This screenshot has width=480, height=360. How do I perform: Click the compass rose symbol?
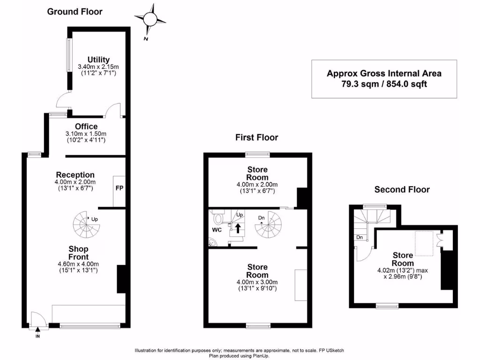pyautogui.click(x=150, y=19)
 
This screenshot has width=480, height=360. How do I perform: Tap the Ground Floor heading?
pyautogui.click(x=75, y=11)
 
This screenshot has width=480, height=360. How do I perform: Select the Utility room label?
pyautogui.click(x=98, y=60)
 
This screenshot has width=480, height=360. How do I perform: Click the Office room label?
pyautogui.click(x=86, y=127)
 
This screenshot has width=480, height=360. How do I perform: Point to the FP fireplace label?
pyautogui.click(x=119, y=188)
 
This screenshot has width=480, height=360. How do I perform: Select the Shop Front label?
pyautogui.click(x=78, y=253)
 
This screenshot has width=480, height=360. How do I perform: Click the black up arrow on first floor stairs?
pyautogui.click(x=238, y=228)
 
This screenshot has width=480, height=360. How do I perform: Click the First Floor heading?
pyautogui.click(x=256, y=137)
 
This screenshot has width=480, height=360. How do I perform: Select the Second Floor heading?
pyautogui.click(x=402, y=189)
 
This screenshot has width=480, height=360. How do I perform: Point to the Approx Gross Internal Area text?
pyautogui.click(x=384, y=73)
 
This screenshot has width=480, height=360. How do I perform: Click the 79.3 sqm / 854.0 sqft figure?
pyautogui.click(x=384, y=84)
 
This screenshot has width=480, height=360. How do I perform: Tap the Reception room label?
pyautogui.click(x=75, y=175)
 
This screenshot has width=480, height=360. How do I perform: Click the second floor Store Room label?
pyautogui.click(x=403, y=259)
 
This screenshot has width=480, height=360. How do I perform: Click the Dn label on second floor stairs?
pyautogui.click(x=359, y=238)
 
